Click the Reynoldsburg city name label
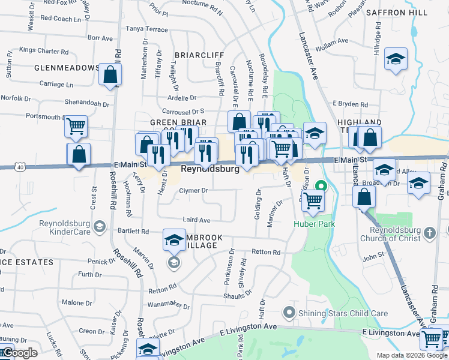(211, 169)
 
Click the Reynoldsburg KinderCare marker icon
(100, 227)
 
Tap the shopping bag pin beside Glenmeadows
(110, 75)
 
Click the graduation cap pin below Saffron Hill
(396, 59)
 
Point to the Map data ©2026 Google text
(412, 355)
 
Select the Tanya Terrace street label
(146, 29)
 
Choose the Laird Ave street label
(196, 220)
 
